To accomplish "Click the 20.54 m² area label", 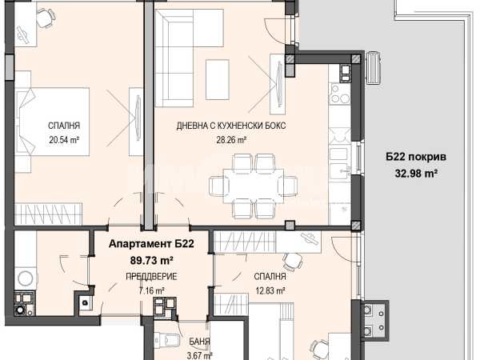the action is pos(64,140).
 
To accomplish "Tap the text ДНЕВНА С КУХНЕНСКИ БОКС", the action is pos(231,126).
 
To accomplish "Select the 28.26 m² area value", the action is pos(232,140).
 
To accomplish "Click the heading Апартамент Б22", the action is pos(151,244).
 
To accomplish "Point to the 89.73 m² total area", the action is pos(152,261).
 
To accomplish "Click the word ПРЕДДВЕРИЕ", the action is pos(151,277).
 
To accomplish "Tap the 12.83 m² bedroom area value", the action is pos(270,290).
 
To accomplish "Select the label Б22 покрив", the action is pos(416,157).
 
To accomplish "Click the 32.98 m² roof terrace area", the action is pos(416,174).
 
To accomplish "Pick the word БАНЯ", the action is pos(199,342).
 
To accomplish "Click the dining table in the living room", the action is pos(253,185).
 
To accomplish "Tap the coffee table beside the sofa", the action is pos(218,79).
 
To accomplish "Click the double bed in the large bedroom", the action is pos(52,122).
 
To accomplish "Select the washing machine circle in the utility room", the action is pos(26,278).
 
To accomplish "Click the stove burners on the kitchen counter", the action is pos(339,94).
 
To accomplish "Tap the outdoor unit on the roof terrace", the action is pos(374,67).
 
